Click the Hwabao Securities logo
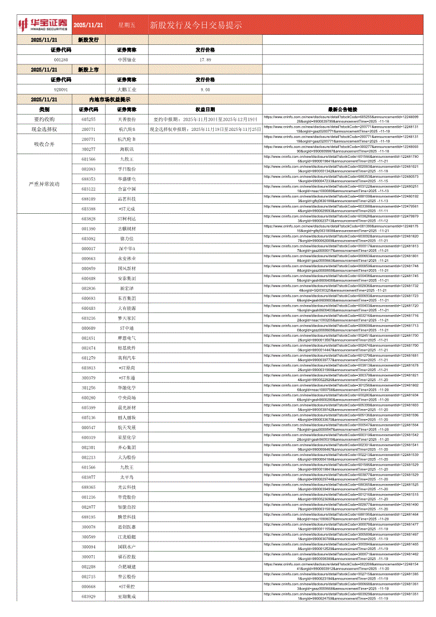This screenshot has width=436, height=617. (43, 24)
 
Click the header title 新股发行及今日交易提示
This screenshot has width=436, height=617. (196, 25)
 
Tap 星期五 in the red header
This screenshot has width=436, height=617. (127, 25)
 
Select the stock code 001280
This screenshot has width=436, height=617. (61, 60)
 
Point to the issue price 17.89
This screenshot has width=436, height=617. (205, 60)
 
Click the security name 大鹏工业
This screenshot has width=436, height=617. (127, 90)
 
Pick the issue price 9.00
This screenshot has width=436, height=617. (205, 90)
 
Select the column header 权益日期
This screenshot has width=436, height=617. (205, 109)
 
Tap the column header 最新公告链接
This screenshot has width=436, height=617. (343, 109)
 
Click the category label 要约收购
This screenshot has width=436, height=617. (44, 119)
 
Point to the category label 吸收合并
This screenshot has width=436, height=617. (44, 144)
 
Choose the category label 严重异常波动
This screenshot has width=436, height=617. (44, 184)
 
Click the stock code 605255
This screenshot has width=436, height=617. (89, 119)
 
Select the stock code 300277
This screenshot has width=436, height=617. (89, 149)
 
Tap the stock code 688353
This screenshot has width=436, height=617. (89, 179)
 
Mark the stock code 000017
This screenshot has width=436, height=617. (89, 249)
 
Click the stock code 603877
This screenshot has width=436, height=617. (89, 477)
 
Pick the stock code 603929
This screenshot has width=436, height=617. (89, 596)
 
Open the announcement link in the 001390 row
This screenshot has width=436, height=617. (343, 229)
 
